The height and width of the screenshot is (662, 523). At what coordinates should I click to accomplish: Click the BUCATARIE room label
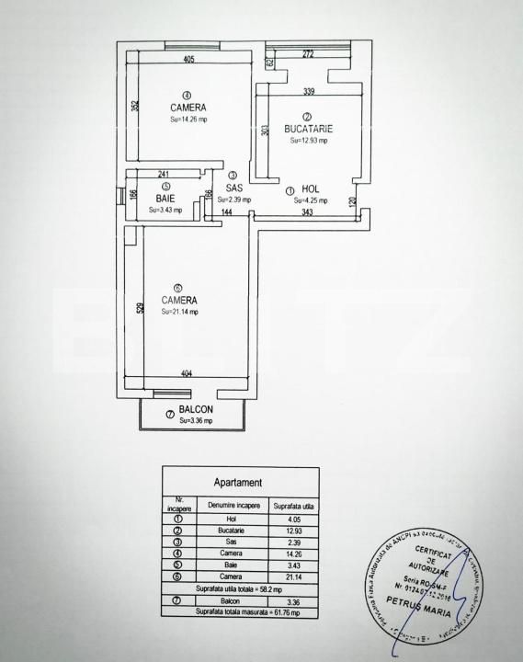tap(307, 130)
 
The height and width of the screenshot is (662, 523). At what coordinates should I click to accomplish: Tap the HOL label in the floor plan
tap(309, 189)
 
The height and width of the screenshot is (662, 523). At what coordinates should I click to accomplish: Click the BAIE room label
tap(165, 199)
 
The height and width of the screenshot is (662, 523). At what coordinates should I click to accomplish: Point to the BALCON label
tap(196, 410)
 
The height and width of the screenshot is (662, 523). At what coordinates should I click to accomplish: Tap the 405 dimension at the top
tap(189, 60)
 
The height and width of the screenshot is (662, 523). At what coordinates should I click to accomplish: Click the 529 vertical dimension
tap(140, 309)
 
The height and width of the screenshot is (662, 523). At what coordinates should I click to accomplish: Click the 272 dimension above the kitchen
tap(308, 55)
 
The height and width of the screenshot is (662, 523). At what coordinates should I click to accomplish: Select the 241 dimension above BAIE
tap(164, 174)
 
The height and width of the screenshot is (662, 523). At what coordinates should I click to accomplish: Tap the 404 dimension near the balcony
tap(187, 374)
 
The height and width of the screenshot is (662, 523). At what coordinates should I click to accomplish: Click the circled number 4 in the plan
tap(187, 95)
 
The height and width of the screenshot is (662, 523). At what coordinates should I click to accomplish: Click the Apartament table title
tap(238, 482)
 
